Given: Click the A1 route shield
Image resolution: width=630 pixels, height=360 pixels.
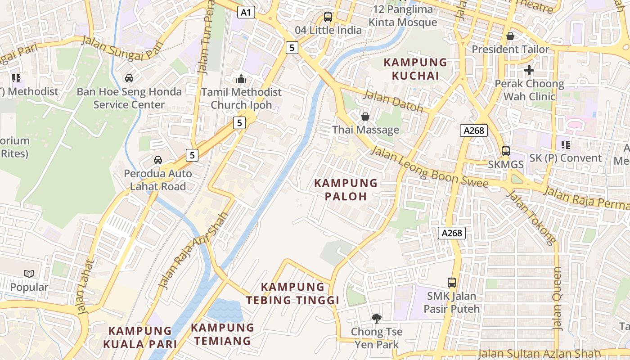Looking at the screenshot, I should point(246,12).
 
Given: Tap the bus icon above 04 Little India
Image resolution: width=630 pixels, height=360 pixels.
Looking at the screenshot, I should point(328,18).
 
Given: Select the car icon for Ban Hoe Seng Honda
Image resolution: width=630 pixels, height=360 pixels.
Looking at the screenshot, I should point(129,78).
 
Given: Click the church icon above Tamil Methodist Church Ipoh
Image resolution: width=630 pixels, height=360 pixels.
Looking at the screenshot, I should point(241,79).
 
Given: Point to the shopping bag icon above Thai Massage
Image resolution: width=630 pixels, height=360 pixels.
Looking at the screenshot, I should point(365,117).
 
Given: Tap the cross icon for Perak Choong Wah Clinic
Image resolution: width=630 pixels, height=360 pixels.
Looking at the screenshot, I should point(529,70).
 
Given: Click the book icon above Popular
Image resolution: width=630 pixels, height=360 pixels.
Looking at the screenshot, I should point(29,274).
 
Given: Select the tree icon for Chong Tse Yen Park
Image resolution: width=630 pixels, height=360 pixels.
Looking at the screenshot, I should point(376,319).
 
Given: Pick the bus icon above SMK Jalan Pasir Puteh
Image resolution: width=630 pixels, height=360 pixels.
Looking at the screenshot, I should point(452,283).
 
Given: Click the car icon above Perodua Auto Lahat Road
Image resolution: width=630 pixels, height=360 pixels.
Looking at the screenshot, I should point(158,160).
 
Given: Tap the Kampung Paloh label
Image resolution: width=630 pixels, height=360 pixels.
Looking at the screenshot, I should point(346,189).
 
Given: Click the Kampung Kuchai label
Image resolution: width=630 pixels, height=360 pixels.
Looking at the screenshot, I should point(415,69).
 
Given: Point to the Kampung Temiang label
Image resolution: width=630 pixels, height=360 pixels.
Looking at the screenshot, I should point(223,334).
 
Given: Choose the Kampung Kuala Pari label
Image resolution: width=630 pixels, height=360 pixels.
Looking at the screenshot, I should point(139,337).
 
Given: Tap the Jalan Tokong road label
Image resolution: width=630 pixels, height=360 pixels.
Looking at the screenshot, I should point(531,218).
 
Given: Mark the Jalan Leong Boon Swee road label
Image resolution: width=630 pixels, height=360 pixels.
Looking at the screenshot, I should point(429,167).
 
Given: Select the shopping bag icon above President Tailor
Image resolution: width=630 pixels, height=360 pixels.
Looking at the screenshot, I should point(510,36).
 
